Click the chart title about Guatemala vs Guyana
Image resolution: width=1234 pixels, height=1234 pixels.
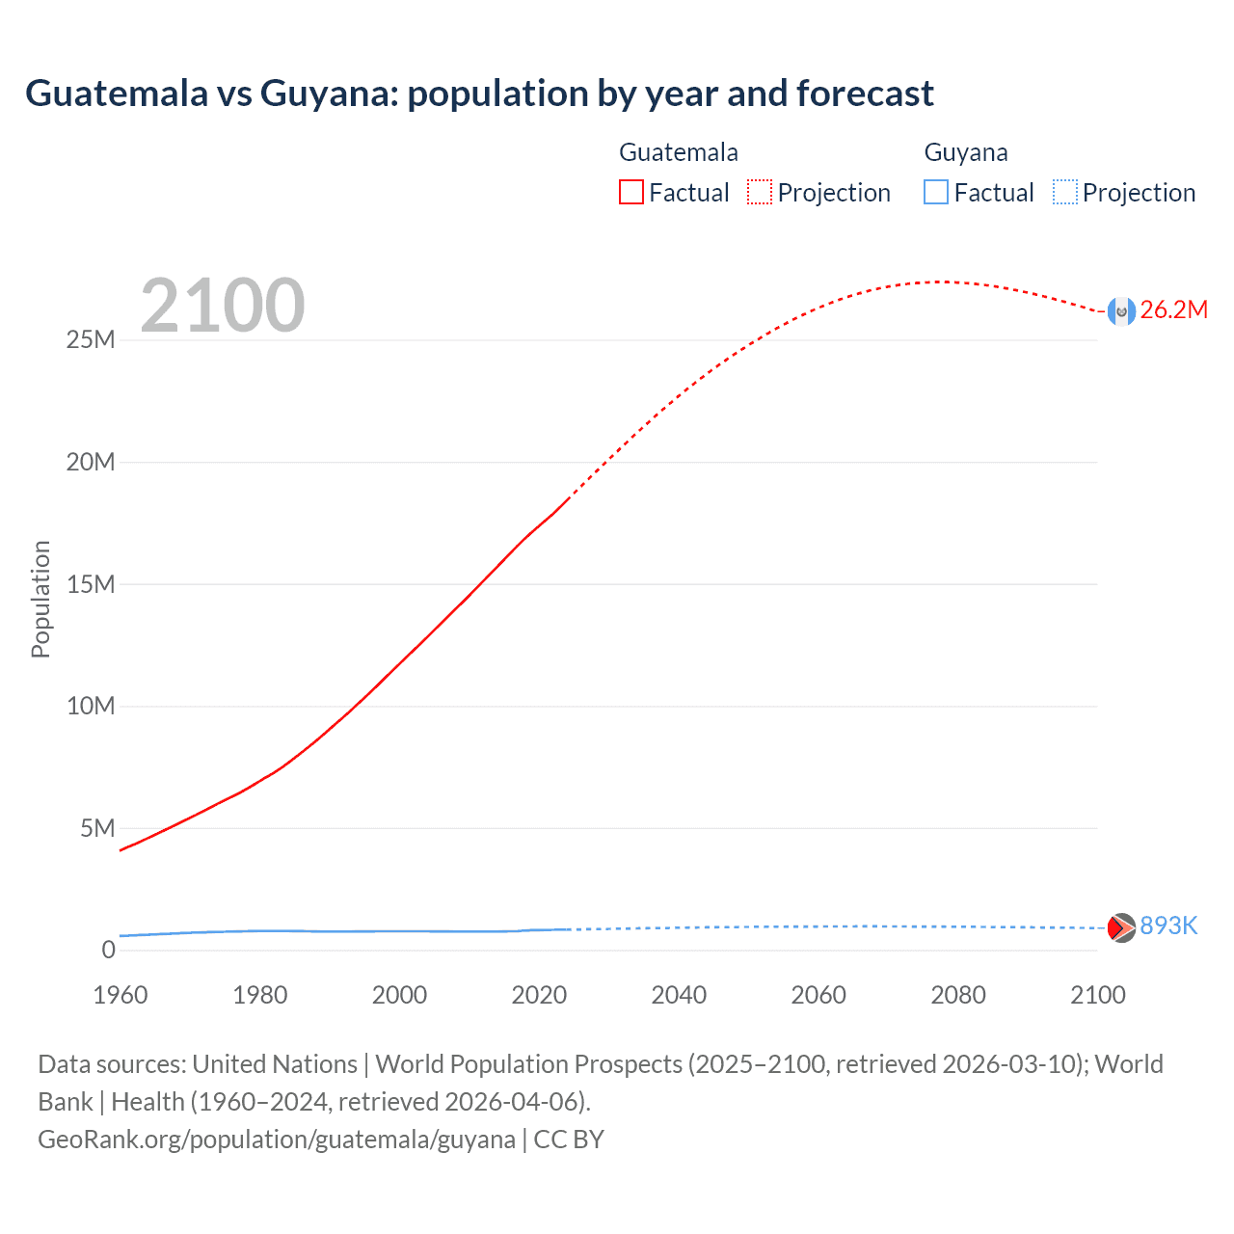479,94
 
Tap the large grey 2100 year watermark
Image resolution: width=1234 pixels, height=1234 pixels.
223,306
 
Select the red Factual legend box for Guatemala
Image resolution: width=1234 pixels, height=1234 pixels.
630,192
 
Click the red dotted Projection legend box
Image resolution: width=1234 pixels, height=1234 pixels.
760,192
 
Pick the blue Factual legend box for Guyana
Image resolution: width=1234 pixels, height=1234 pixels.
935,192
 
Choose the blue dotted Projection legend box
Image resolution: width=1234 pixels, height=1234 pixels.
1064,192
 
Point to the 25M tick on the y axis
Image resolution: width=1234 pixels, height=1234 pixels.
91,340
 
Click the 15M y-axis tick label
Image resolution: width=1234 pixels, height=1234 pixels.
91,584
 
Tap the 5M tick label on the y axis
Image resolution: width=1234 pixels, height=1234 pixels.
97,828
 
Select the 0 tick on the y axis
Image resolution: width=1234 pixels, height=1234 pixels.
108,950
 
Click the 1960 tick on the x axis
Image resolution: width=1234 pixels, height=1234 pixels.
121,995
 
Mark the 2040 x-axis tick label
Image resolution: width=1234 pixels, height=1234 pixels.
679,995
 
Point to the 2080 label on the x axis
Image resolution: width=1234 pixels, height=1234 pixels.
958,995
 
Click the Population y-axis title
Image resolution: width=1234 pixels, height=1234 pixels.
40,599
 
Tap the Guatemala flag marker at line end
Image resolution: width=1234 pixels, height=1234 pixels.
1121,311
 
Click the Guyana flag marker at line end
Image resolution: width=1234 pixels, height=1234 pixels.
1121,927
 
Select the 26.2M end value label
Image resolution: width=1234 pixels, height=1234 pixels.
1173,309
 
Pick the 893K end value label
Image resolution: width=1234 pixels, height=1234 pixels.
1168,925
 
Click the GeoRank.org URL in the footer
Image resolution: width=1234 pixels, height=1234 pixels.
277,1139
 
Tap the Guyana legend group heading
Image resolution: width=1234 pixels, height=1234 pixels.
966,152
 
